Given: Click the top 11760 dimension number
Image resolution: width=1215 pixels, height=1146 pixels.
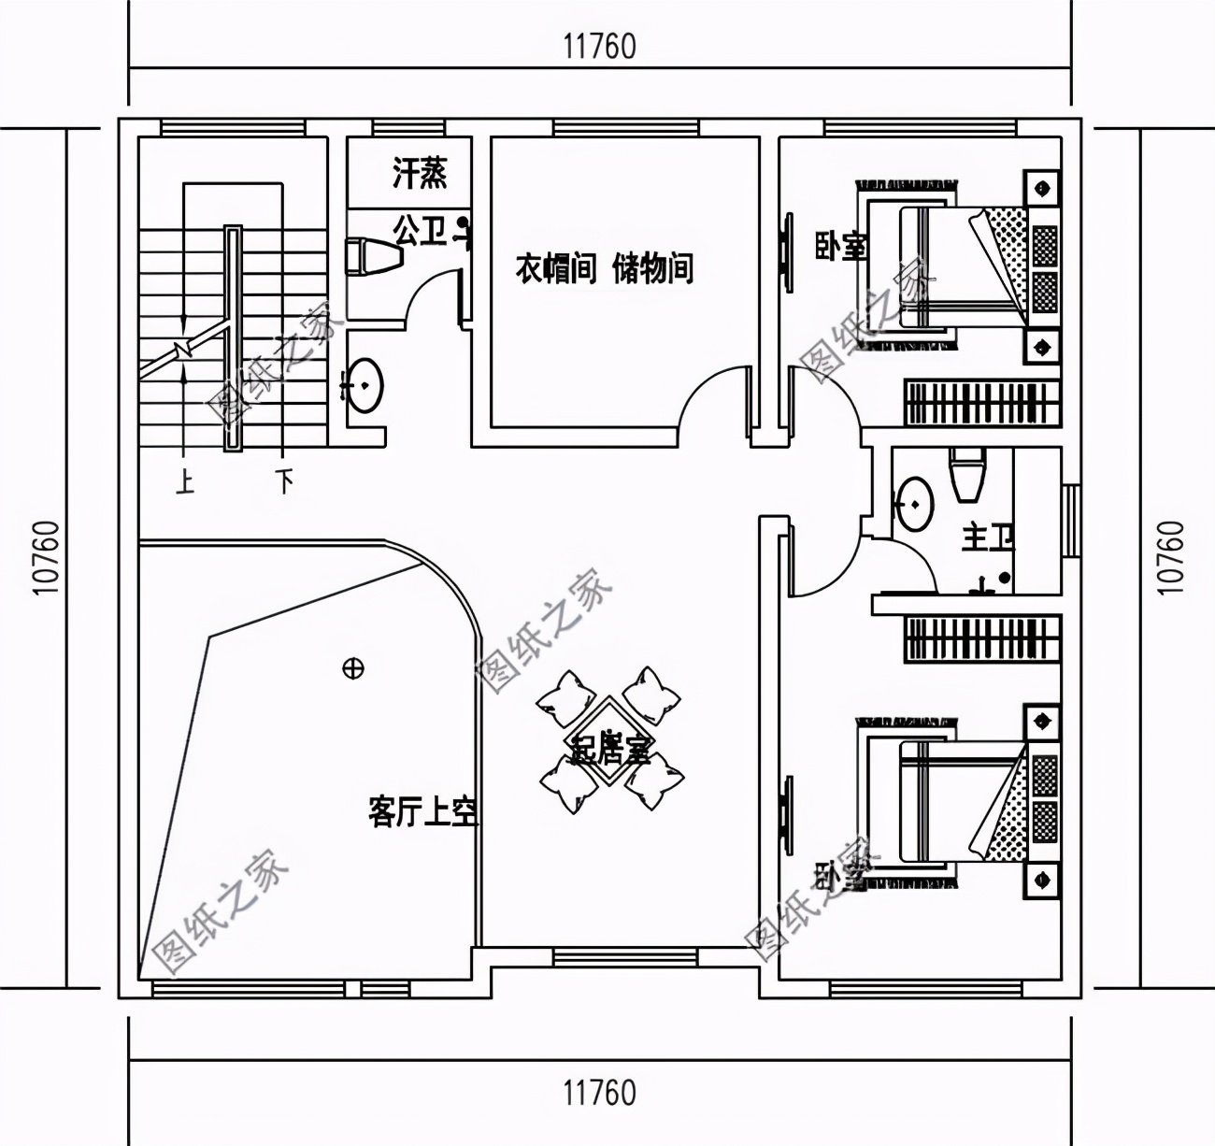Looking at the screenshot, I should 599,46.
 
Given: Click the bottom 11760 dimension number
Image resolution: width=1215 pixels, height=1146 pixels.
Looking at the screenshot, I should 599,1091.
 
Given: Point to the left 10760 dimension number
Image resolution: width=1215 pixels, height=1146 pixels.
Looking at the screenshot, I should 46,557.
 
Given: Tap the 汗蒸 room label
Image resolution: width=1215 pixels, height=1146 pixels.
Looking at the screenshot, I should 419,173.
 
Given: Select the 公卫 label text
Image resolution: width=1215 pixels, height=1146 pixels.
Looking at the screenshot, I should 419,231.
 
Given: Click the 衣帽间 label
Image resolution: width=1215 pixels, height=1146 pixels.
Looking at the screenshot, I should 555,270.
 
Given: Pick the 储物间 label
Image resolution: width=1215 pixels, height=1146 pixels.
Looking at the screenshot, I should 653,270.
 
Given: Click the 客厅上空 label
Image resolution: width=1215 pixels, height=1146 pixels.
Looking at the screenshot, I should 423,812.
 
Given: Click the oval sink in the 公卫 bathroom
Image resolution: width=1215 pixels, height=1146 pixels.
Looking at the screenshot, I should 364,383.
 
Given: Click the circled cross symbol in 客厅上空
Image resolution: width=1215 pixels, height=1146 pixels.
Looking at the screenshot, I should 353,668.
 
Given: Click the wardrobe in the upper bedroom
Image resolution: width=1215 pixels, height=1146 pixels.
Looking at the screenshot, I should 981,402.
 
